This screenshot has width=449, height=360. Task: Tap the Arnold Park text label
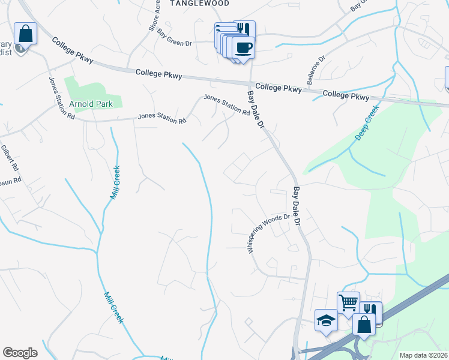[x=91, y=104]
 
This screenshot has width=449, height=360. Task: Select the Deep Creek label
[x=367, y=123]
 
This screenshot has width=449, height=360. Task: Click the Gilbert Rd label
[x=10, y=157]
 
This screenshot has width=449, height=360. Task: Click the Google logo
[x=20, y=353]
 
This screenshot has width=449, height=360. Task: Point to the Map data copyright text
[x=423, y=355]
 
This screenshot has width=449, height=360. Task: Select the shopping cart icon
[x=348, y=302]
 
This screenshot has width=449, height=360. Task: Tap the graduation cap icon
[x=327, y=319]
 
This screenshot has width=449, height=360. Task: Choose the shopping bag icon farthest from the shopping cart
[x=25, y=33]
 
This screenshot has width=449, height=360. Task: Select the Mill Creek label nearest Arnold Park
[x=114, y=182]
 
